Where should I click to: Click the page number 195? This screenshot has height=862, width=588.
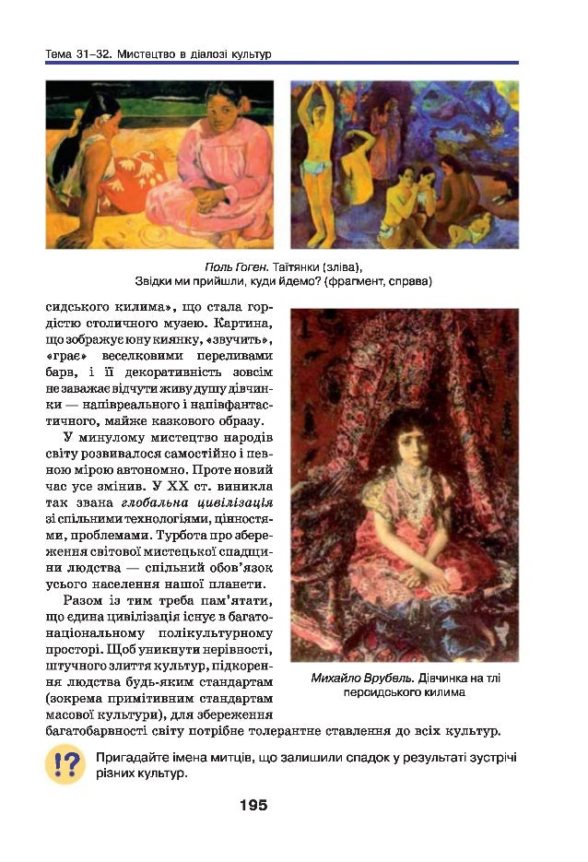click(253, 805)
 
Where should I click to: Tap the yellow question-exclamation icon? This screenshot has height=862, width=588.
click(64, 766)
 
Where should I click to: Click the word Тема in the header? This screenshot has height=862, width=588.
click(59, 54)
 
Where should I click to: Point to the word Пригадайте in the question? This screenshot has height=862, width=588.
click(131, 758)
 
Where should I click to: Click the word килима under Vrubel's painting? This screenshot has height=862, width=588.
click(441, 691)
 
